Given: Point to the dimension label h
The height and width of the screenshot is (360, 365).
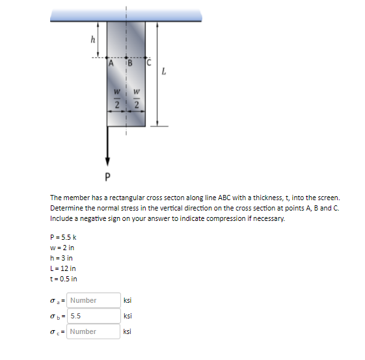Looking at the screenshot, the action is (92, 40).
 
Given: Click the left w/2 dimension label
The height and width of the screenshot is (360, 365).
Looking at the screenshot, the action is (117, 100).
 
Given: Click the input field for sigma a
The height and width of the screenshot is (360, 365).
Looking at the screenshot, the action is (93, 300).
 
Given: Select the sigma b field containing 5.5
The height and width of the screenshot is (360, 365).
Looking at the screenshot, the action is (93, 316).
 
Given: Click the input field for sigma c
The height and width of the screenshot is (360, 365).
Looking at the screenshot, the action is (93, 331).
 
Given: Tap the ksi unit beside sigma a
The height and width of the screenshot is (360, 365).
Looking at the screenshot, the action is (128, 300).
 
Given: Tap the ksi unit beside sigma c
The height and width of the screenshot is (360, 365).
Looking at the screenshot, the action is (128, 331).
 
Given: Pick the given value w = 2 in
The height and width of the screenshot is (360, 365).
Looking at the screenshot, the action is (62, 248).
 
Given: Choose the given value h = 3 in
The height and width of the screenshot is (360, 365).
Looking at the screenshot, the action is (62, 258).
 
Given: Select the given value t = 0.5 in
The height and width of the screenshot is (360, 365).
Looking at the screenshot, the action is (64, 279).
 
